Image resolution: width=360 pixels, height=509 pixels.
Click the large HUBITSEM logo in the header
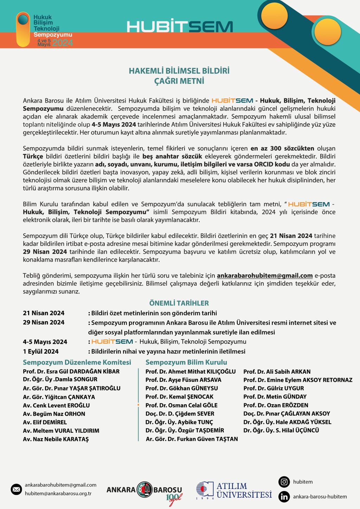coord(180,27)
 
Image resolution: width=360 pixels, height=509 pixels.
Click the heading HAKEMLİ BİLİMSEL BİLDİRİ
coord(179,71)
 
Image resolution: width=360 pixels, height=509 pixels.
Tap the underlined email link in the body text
coord(264,276)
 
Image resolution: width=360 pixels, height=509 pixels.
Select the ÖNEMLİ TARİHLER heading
coord(179,303)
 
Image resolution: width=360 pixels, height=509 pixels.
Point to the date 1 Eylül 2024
coord(41,351)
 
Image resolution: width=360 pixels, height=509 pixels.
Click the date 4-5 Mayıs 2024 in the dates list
coord(45,342)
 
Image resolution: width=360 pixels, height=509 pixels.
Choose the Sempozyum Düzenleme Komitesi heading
coord(77,362)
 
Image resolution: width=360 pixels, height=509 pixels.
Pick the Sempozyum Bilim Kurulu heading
coord(186,362)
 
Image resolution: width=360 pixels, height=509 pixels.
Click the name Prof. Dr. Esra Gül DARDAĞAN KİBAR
coord(71,371)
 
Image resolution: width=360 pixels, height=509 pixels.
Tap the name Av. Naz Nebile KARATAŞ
coord(56,439)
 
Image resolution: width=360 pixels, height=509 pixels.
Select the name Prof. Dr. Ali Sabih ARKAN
coord(277,372)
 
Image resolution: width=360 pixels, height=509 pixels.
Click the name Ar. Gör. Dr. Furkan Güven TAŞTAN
coord(192,439)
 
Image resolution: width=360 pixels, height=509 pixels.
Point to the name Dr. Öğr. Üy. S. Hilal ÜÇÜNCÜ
coord(281,430)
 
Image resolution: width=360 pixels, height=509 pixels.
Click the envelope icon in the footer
coord(16,489)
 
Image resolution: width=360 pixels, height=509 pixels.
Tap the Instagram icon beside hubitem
coord(284,482)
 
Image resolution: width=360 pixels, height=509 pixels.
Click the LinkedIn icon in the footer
coord(284,497)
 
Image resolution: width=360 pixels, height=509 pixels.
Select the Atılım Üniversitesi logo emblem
coord(205,490)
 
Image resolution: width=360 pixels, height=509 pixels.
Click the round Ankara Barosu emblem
coord(144,490)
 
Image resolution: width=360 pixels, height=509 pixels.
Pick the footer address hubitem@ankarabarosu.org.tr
coord(58,494)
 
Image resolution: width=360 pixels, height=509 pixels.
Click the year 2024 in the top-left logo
coord(63,43)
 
